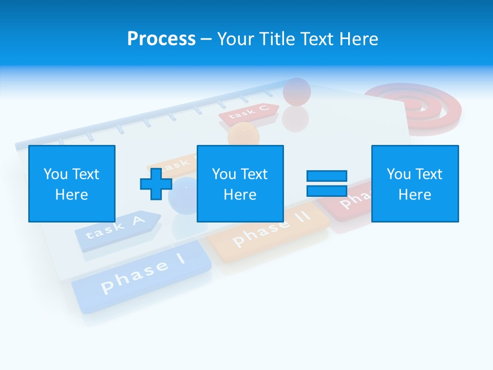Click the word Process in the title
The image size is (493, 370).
pyautogui.click(x=161, y=39)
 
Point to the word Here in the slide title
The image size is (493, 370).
pyautogui.click(x=358, y=39)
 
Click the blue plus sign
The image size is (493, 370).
pyautogui.click(x=156, y=184)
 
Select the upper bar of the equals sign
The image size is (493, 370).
pyautogui.click(x=327, y=176)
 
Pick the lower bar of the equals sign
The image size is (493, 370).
pyautogui.click(x=327, y=191)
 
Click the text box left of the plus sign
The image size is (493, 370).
pyautogui.click(x=72, y=183)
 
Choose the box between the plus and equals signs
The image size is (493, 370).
pyautogui.click(x=240, y=183)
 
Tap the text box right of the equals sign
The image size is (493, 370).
pyautogui.click(x=415, y=183)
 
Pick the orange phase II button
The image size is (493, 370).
pyautogui.click(x=270, y=231)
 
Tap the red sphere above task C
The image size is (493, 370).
pyautogui.click(x=296, y=91)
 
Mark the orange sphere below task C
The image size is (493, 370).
pyautogui.click(x=244, y=134)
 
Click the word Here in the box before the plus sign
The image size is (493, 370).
pyautogui.click(x=72, y=195)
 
